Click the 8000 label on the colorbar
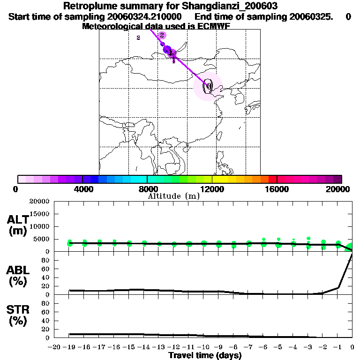click(147, 189)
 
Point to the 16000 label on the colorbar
click(277, 189)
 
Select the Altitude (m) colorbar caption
click(173, 196)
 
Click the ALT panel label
click(17, 220)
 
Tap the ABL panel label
click(17, 270)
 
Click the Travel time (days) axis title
click(205, 356)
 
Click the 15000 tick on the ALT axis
click(39, 214)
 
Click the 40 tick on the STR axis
click(45, 321)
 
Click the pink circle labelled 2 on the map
click(162, 35)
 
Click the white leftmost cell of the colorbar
click(22, 179)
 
